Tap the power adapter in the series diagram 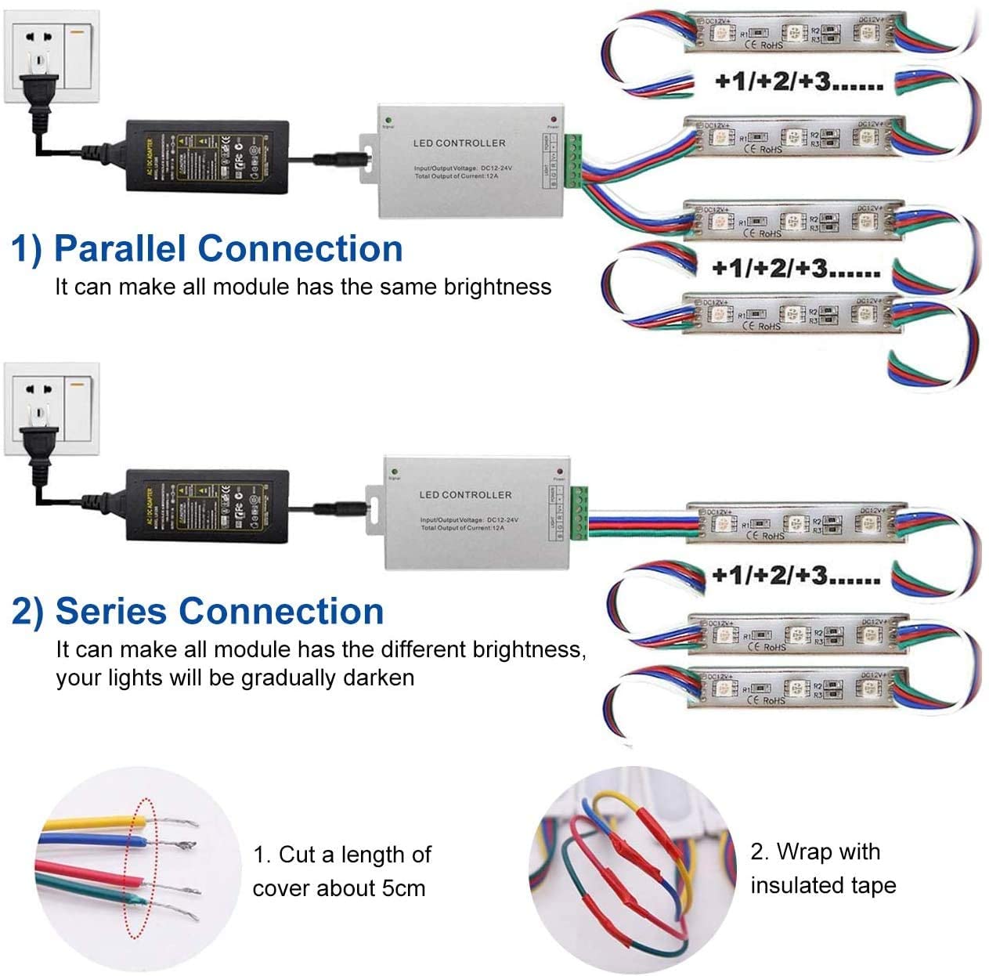coord(207,506)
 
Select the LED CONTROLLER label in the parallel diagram coord(459,143)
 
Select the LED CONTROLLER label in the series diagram coord(465,495)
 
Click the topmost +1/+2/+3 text coord(799,81)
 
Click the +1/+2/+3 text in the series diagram coord(796,576)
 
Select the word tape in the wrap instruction coord(874,885)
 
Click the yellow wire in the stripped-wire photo coord(86,823)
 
